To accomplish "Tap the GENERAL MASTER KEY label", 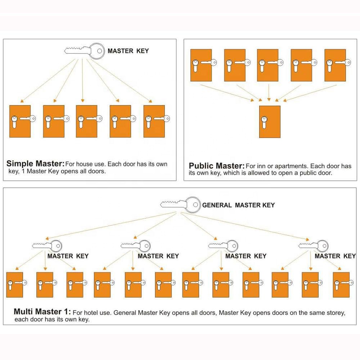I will (238, 205).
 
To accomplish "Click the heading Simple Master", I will (35, 163).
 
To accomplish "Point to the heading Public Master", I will (216, 166).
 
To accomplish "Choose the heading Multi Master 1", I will (42, 311).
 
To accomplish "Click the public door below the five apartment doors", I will (270, 122).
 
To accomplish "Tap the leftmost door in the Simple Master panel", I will (20, 121).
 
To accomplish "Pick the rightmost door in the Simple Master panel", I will (154, 121).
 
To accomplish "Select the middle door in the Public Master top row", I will (267, 65).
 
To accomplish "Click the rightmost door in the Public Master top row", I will (335, 65).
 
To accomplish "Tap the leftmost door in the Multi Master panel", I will (14, 284).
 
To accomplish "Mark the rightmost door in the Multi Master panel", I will (341, 284).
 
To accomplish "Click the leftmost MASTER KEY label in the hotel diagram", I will (68, 256).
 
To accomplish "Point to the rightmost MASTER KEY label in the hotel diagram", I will (335, 256).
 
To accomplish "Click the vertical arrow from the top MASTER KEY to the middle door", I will (82, 79).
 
